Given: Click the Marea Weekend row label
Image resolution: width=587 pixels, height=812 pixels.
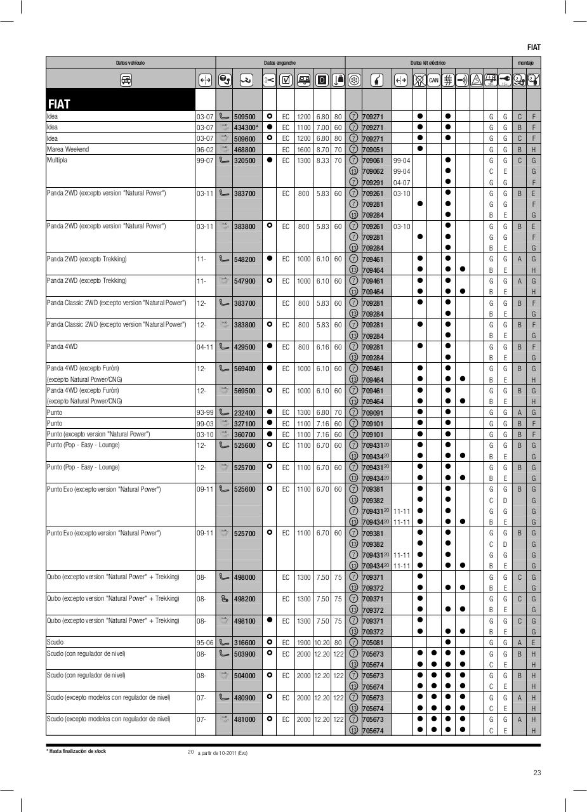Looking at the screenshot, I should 68,150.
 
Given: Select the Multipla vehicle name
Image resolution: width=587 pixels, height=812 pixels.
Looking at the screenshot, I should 57,160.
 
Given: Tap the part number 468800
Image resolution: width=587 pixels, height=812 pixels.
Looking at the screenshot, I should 244,150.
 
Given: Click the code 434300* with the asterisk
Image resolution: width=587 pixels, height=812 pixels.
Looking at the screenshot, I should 246,128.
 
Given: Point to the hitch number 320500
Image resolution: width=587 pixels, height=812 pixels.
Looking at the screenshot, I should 244,161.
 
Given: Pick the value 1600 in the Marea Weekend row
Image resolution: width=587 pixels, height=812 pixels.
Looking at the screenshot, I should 303,150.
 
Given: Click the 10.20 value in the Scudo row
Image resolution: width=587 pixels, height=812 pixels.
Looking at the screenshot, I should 322,643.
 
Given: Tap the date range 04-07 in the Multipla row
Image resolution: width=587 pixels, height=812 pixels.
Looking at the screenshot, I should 402,183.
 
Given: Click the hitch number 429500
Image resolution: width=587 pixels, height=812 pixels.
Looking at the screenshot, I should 244,348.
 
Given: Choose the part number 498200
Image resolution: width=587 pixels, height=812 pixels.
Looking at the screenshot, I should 244,599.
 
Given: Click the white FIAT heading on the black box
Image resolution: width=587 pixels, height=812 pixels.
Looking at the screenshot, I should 59,104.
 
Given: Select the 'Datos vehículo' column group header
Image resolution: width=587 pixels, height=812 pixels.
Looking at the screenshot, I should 130,63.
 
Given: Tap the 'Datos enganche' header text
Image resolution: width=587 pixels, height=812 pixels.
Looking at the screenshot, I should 280,63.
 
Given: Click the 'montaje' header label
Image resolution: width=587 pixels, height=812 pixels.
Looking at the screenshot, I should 525,63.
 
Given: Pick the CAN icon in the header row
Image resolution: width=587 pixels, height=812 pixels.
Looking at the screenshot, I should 433,80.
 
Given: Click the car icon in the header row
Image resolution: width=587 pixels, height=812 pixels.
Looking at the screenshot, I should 126,80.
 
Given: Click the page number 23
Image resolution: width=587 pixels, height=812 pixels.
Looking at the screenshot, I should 537,773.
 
